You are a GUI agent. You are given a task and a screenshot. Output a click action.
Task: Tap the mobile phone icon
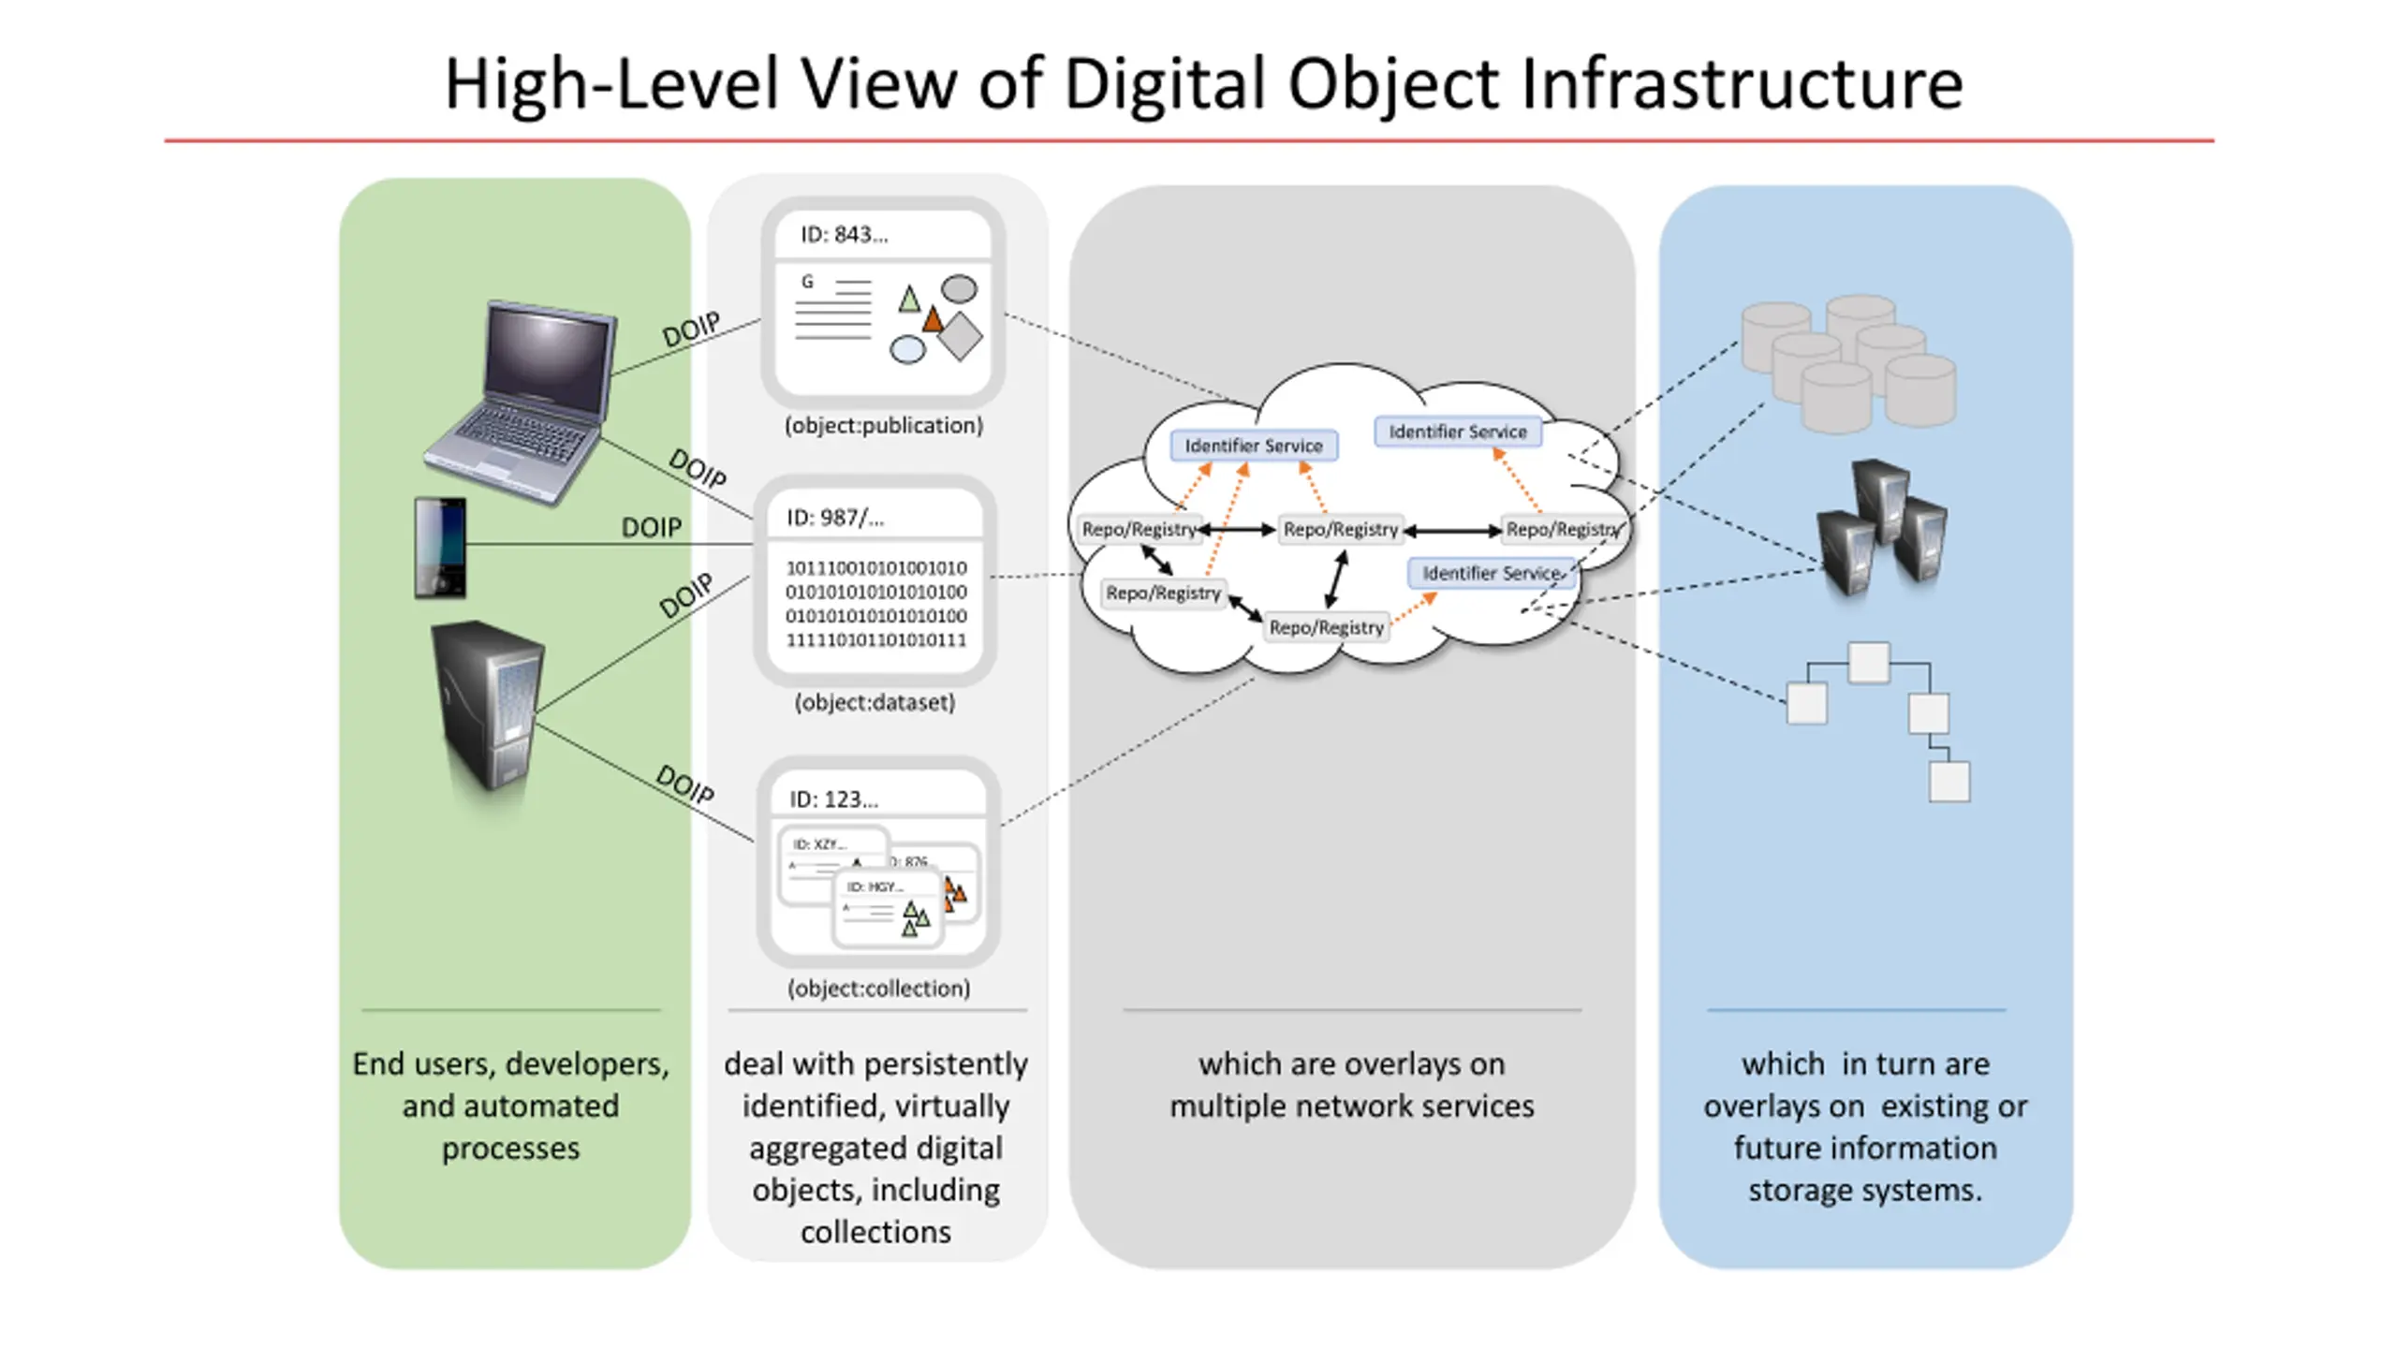coord(440,548)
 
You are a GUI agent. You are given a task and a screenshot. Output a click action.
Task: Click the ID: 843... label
coord(844,235)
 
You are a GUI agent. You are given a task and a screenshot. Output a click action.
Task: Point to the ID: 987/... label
coord(834,518)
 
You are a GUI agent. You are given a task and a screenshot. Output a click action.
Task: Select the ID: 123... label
coord(833,799)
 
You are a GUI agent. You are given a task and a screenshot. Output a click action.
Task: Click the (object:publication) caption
coord(884,426)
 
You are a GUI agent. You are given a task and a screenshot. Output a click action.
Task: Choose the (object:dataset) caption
coord(875,703)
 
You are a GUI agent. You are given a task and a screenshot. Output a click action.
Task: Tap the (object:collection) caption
coord(878,989)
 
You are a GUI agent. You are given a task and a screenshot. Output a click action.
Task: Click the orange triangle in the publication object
coord(933,321)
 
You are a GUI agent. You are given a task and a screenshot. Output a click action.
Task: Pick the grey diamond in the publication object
coord(961,336)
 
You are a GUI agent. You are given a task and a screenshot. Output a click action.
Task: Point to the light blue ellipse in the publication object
coord(906,350)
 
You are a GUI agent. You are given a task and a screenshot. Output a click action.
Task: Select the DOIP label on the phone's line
coord(652,528)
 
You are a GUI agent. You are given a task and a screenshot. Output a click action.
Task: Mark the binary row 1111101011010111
coord(875,640)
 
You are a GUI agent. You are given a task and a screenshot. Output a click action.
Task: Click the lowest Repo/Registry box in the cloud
coord(1326,627)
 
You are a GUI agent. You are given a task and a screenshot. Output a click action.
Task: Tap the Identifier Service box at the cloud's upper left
coord(1254,446)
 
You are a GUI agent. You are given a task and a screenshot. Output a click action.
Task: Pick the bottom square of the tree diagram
coord(1949,782)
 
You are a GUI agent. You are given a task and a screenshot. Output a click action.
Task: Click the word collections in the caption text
coord(875,1232)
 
